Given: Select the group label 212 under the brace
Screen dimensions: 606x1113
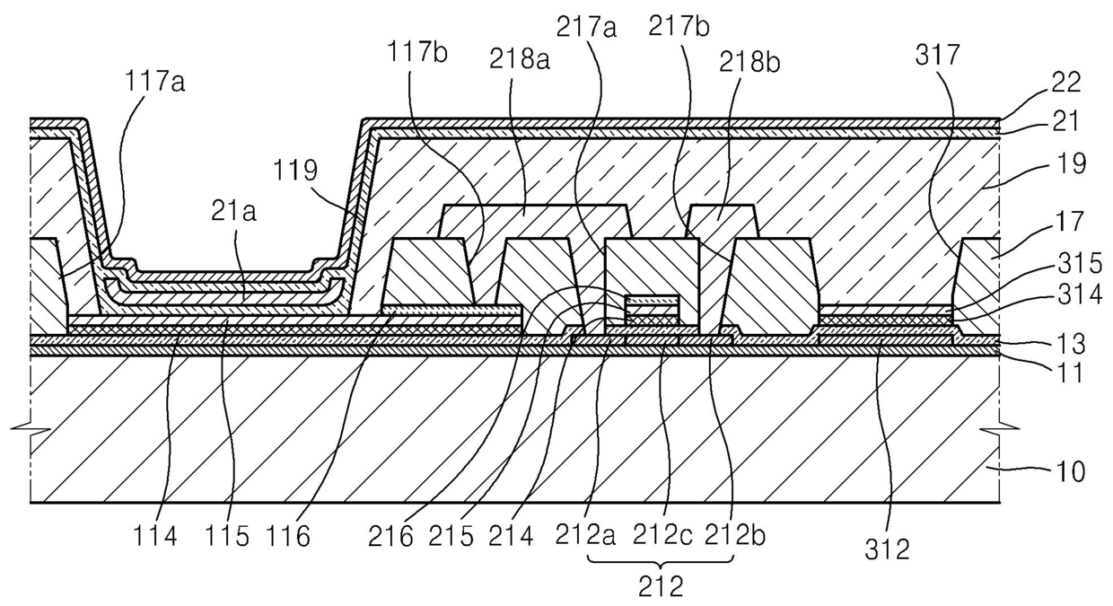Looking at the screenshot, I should [x=661, y=587].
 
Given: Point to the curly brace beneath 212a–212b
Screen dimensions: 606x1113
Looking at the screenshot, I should [x=661, y=562].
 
